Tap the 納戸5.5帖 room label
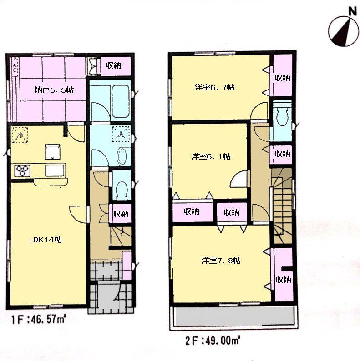[54, 90]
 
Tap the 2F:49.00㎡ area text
[215, 339]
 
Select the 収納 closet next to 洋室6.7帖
[282, 78]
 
